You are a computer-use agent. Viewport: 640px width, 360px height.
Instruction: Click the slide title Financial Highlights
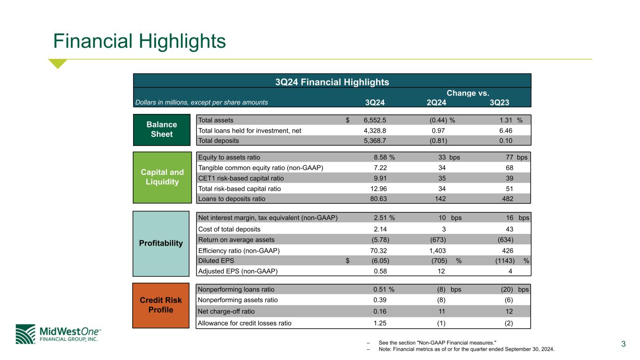tap(140, 41)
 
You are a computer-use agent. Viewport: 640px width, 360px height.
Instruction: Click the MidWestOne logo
tap(58, 334)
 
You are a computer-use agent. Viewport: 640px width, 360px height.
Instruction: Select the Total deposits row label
tap(218, 140)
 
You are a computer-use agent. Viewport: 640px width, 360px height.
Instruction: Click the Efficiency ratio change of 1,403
tap(435, 250)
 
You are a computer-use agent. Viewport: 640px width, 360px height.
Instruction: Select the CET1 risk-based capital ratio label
tap(241, 178)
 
